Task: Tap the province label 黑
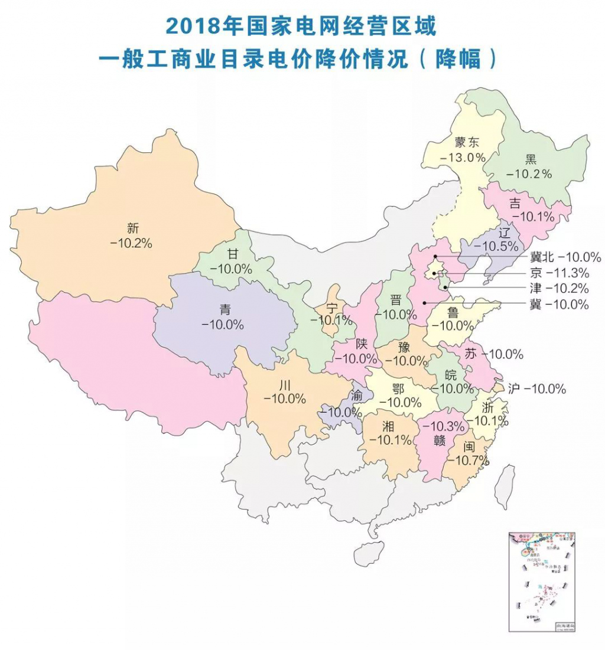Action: pyautogui.click(x=530, y=158)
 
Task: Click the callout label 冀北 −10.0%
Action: pyautogui.click(x=562, y=257)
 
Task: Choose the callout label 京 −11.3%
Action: pyautogui.click(x=557, y=273)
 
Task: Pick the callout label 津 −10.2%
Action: pyautogui.click(x=557, y=289)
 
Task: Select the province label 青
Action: pyautogui.click(x=224, y=309)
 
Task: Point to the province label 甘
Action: pyautogui.click(x=233, y=254)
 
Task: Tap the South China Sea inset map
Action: pyautogui.click(x=541, y=581)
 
